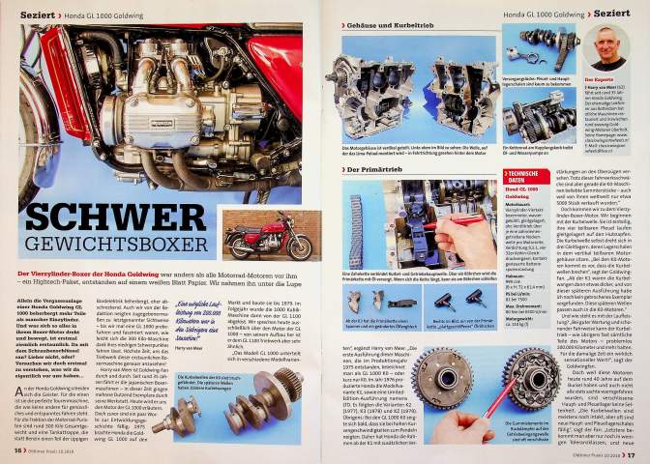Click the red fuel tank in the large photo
point(276,58)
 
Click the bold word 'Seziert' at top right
point(612,14)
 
